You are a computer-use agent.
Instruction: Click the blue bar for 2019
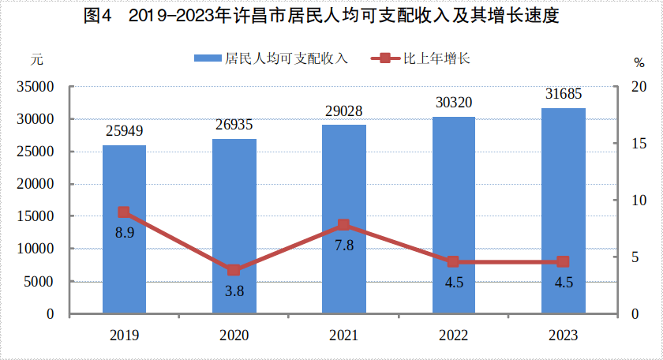coord(125,229)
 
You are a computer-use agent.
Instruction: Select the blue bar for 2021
coord(344,219)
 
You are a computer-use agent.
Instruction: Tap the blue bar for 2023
coord(564,211)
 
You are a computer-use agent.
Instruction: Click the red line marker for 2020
coord(234,270)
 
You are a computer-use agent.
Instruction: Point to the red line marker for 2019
coord(124,212)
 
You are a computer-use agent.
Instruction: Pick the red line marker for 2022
coord(453,262)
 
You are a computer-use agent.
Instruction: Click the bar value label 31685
coord(564,94)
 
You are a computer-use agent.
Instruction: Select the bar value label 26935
coord(234,125)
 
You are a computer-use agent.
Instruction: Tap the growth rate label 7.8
coord(344,246)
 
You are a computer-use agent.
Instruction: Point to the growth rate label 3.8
coord(234,291)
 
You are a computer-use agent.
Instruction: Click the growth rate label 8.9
coord(125,233)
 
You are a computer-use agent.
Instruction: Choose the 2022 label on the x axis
coord(453,336)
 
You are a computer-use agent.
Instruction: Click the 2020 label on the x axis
coord(234,336)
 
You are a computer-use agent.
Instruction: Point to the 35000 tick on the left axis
coord(36,87)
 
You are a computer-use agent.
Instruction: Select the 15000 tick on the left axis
coord(36,216)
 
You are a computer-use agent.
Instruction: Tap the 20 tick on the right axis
coord(639,87)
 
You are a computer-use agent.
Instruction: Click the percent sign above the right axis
coord(639,63)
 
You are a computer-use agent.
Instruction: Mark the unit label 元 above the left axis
coord(37,59)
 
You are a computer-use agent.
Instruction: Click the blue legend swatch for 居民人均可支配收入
coord(208,58)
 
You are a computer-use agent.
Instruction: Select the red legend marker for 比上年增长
coord(385,58)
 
